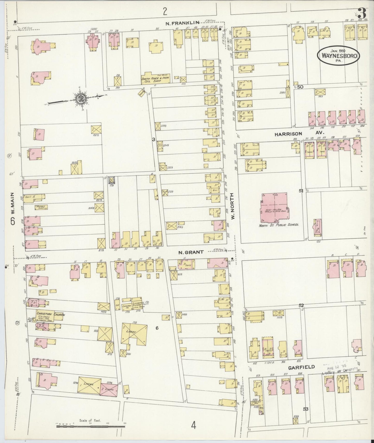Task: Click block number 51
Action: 301,191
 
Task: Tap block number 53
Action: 306,409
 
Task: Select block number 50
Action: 300,87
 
